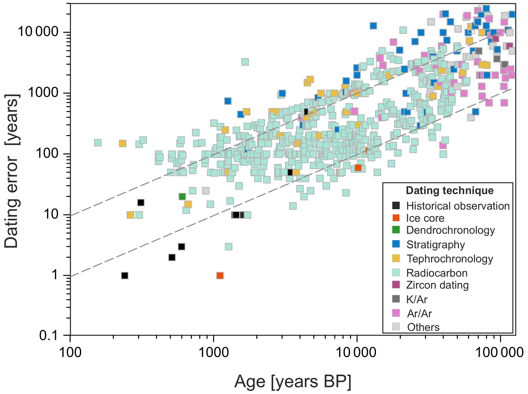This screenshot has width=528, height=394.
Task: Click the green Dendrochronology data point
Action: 182,197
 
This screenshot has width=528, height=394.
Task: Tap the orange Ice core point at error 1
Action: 220,276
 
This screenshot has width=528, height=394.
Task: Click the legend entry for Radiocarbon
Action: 437,273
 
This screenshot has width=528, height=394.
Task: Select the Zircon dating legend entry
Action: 437,285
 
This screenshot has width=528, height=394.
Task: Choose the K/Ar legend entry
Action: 416,299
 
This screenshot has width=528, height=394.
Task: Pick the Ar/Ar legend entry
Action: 419,313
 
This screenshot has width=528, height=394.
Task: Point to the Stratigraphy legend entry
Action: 435,245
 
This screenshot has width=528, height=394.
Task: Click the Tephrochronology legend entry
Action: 449,259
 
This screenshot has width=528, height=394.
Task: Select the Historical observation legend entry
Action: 457,206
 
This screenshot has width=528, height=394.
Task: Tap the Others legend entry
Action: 423,327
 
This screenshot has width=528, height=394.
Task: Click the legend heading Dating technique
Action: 450,191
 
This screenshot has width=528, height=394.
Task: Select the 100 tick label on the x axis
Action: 70,353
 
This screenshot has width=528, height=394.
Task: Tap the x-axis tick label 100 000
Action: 500,353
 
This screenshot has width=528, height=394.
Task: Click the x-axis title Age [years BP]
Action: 293,382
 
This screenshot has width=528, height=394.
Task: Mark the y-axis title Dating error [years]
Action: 11,171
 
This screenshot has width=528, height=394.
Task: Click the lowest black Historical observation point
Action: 125,276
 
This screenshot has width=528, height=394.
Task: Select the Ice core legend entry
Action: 425,218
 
